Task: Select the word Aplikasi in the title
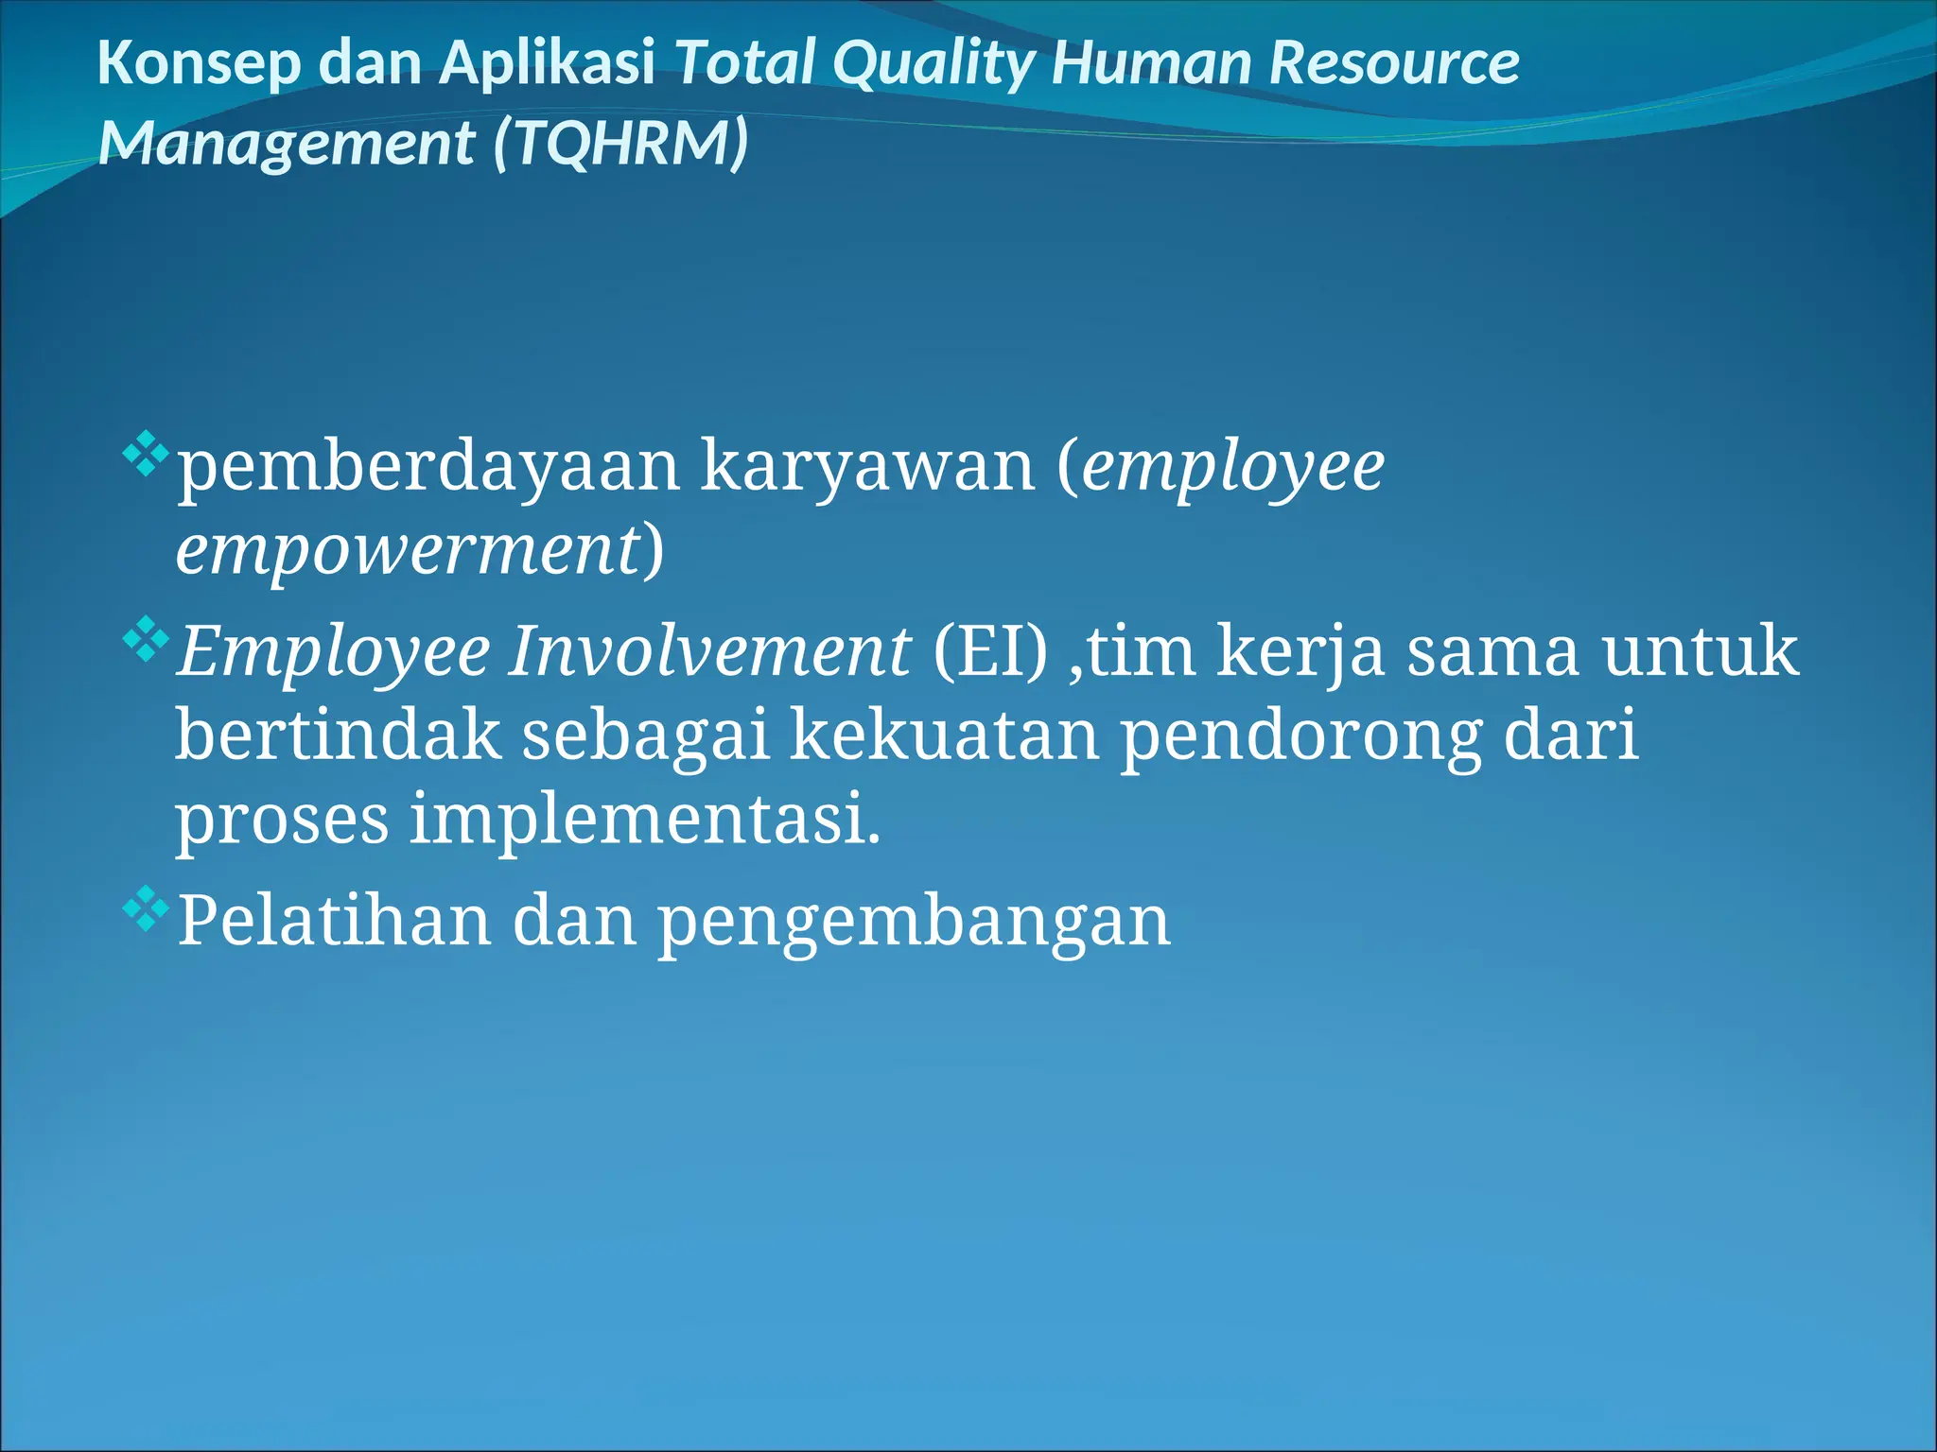coord(548,63)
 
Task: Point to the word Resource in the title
coord(1394,63)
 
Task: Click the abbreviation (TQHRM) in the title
coord(620,144)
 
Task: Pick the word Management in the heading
coord(286,144)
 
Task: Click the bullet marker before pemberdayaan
coord(146,453)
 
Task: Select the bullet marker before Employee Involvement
coord(146,639)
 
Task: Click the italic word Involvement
coord(709,651)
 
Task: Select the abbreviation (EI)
coord(990,651)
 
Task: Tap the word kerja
coord(1300,651)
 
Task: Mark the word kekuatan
coord(945,735)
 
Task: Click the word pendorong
coord(1301,735)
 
